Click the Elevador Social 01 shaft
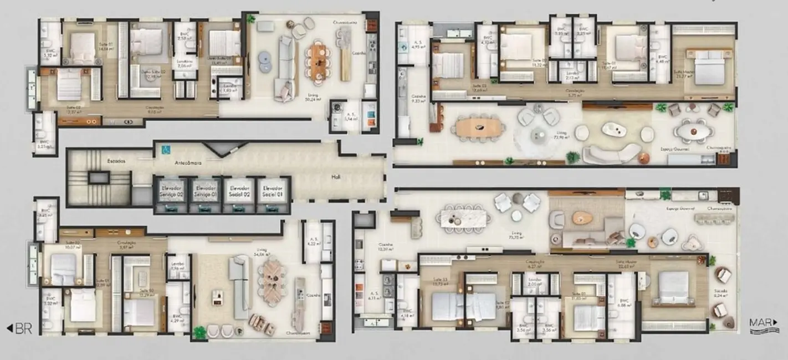point(273,194)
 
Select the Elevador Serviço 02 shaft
point(171,194)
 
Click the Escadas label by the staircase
point(116,161)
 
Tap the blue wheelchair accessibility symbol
point(163,149)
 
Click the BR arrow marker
point(19,328)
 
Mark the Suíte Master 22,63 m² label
point(627,264)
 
